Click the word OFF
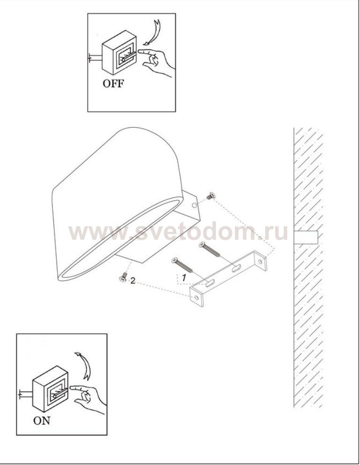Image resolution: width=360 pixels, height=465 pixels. [113, 84]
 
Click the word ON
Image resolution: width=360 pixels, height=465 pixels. [42, 420]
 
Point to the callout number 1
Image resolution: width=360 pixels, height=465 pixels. [184, 278]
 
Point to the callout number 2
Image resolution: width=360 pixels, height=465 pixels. [133, 281]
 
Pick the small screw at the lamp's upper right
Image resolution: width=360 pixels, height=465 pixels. [211, 196]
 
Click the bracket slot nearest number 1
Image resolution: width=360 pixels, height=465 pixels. [210, 283]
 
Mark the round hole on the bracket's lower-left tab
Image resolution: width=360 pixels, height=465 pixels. [196, 298]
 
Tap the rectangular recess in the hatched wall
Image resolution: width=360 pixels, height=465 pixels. [306, 237]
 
